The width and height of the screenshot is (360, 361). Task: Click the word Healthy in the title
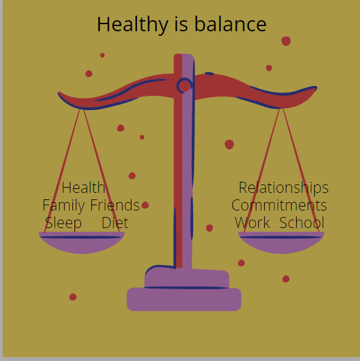tap(132, 25)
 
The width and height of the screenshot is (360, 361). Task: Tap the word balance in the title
tap(230, 24)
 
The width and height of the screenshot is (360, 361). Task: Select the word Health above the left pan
tap(83, 188)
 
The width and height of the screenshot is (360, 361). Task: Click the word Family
tap(64, 206)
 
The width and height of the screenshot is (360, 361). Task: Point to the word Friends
tap(115, 205)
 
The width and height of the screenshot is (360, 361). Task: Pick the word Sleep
tap(63, 224)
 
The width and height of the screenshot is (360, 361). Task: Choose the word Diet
tap(115, 222)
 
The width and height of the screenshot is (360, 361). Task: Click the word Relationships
tap(284, 188)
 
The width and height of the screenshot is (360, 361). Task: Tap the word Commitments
tap(279, 205)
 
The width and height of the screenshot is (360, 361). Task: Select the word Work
tap(252, 222)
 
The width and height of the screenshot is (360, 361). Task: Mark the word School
tap(302, 222)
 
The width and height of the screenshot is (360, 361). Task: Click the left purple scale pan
tap(82, 242)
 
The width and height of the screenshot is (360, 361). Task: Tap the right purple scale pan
tap(281, 242)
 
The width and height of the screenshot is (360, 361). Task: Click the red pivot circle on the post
tap(184, 86)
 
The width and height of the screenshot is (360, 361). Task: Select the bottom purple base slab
tap(184, 299)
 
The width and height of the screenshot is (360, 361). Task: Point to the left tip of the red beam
tap(58, 93)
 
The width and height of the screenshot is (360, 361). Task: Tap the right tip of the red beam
tap(316, 88)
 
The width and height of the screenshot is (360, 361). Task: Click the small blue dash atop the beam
tap(209, 74)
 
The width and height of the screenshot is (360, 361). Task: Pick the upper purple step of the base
tap(187, 278)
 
